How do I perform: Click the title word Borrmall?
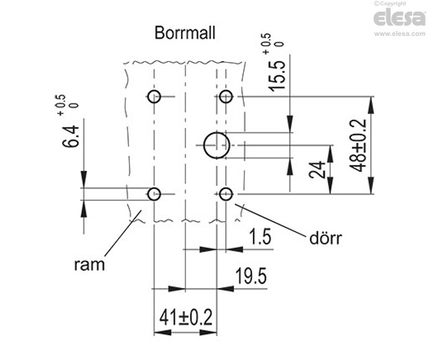(185, 33)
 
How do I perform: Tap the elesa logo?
(400, 18)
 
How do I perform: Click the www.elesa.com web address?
(400, 33)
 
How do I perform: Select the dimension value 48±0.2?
(358, 146)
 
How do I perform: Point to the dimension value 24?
(318, 170)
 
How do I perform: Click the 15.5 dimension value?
(277, 75)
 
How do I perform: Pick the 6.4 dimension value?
(70, 136)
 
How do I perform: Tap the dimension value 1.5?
(260, 237)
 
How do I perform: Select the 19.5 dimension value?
(251, 276)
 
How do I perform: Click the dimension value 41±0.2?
(186, 317)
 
